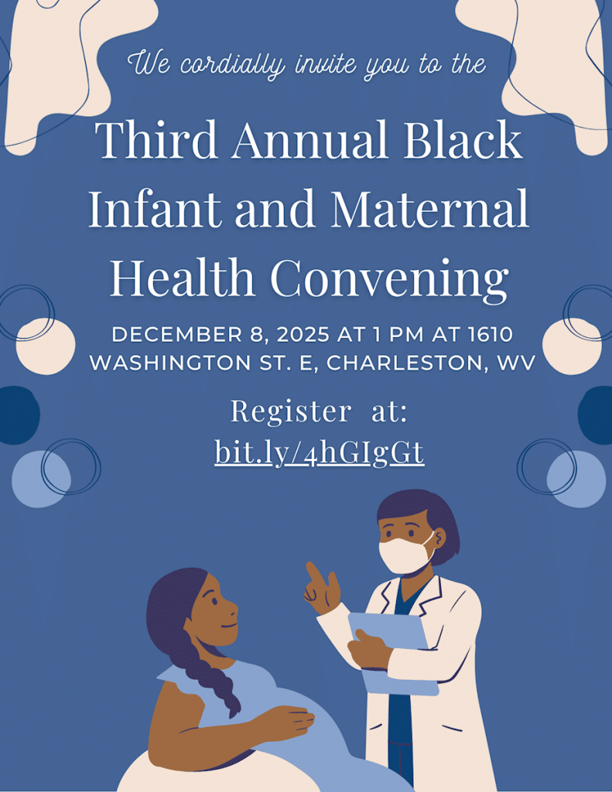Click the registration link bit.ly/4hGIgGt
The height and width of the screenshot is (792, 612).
coord(320,451)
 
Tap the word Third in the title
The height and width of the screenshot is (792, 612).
coord(156,139)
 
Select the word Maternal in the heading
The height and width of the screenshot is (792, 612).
coord(430,207)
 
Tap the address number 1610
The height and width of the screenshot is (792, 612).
coord(491,334)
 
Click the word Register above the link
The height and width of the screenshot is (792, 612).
coord(291,411)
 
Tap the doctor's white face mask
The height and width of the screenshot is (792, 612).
coord(406,555)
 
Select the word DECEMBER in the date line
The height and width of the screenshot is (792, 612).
coord(177,334)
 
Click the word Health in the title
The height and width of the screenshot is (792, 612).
coord(183,278)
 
